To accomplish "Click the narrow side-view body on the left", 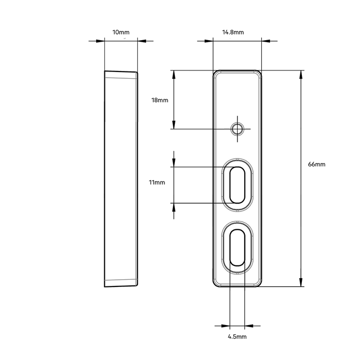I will tap(121, 177).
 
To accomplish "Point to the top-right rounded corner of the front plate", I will tap(259, 75).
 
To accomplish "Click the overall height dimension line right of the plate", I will tap(301, 177).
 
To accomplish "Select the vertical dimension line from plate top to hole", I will tap(173, 100).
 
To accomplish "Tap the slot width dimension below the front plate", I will tap(237, 325).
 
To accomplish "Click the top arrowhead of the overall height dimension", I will tap(301, 76).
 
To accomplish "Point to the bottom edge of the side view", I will tap(121, 284).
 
